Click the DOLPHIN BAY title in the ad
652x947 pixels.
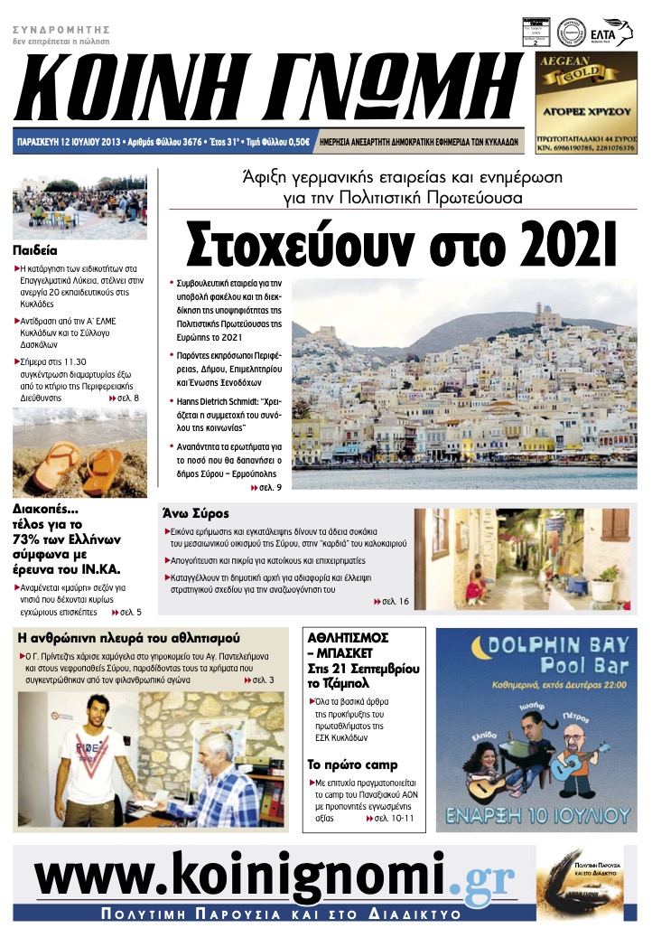[x=536, y=647]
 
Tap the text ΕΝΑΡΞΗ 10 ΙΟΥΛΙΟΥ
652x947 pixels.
[x=536, y=813]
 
